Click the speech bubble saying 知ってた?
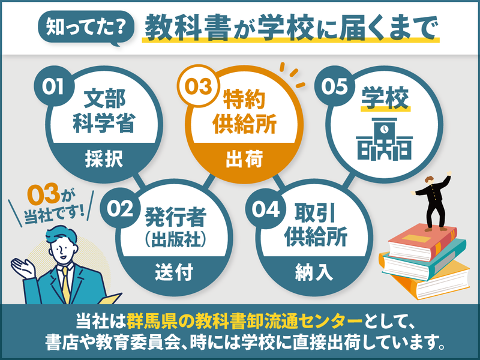tap(86, 28)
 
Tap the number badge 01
tap(53, 86)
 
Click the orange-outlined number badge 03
tap(199, 86)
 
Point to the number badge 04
tap(265, 209)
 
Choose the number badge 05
tap(335, 86)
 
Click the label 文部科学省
tap(104, 111)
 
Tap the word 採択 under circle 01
tap(104, 159)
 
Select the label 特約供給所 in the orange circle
tap(244, 112)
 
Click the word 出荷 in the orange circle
tap(244, 159)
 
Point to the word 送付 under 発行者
tap(173, 272)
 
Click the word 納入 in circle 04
tap(314, 272)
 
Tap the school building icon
tap(384, 139)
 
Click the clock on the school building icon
tap(385, 130)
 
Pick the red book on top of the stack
tap(423, 242)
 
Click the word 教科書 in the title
tap(188, 28)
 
